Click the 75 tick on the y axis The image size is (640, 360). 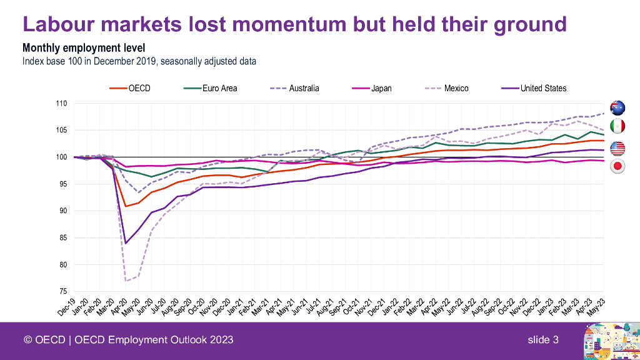(x=63, y=292)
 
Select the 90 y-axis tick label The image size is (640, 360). (x=63, y=211)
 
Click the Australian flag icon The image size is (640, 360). (x=617, y=107)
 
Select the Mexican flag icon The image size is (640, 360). (x=617, y=126)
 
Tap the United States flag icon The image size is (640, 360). (x=617, y=148)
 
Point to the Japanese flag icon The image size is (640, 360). (x=617, y=166)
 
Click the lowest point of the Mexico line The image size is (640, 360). (x=126, y=281)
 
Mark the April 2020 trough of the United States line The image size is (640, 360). (x=126, y=243)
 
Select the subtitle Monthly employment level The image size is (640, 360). (x=84, y=48)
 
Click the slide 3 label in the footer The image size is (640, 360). (x=542, y=340)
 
